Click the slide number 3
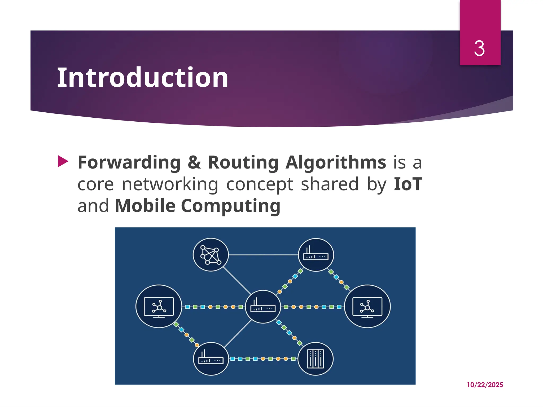479,48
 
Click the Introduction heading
143,77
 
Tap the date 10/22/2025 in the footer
485,385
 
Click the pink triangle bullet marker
63,161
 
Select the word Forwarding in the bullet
129,162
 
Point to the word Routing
243,162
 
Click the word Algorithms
336,162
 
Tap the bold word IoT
408,184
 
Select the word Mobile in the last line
145,206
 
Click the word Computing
231,206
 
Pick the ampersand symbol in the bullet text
194,162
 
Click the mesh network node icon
211,255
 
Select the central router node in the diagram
263,307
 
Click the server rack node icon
315,359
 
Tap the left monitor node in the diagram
159,306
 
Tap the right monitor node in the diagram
367,306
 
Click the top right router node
316,255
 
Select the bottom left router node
211,359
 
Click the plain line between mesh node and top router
263,255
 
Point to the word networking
170,184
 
